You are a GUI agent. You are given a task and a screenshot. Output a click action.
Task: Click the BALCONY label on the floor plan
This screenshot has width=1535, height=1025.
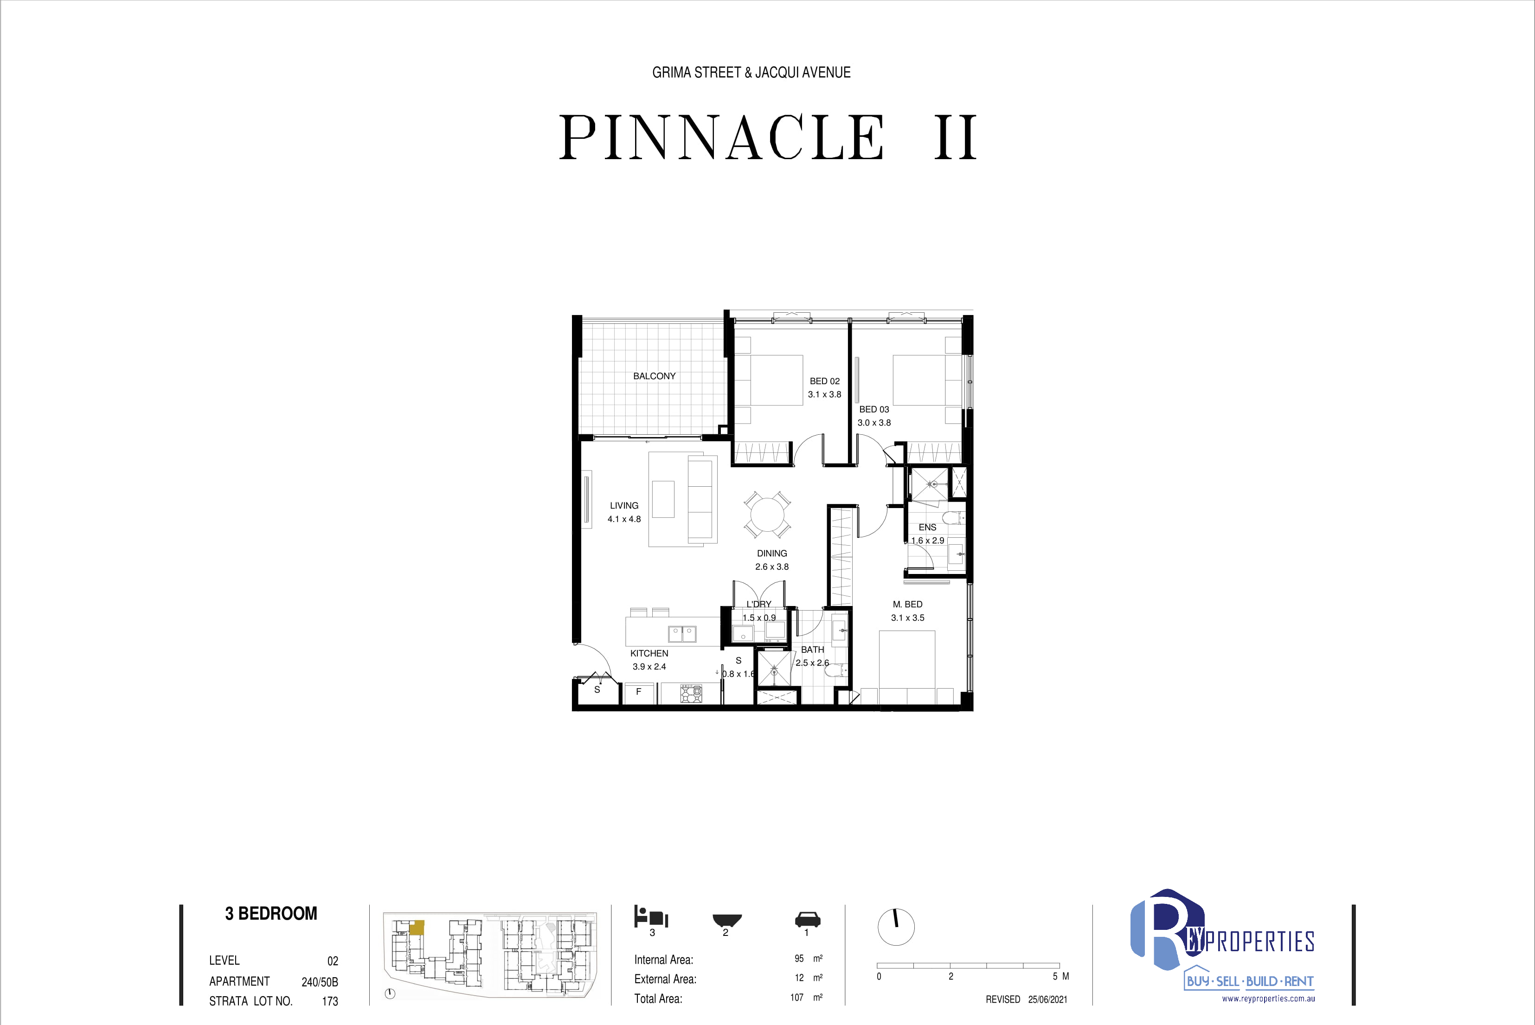pyautogui.click(x=654, y=376)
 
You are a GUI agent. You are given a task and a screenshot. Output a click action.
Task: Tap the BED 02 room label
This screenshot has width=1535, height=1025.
pyautogui.click(x=825, y=381)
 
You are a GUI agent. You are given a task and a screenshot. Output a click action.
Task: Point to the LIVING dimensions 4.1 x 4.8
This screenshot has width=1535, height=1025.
pyautogui.click(x=624, y=519)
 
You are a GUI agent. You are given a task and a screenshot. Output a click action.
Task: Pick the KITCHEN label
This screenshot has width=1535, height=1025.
pyautogui.click(x=649, y=653)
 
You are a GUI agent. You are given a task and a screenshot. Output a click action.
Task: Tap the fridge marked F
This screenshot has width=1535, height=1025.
pyautogui.click(x=638, y=692)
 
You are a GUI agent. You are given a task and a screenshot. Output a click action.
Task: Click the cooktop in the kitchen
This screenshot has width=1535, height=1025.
pyautogui.click(x=691, y=693)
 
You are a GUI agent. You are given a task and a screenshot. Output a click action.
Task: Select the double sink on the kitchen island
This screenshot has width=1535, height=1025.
pyautogui.click(x=682, y=633)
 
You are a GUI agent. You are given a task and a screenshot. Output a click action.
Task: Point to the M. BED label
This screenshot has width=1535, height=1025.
pyautogui.click(x=908, y=604)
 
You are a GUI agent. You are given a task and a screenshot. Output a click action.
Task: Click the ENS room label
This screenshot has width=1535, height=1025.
pyautogui.click(x=927, y=527)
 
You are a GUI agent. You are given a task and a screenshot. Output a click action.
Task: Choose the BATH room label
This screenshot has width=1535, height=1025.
pyautogui.click(x=812, y=650)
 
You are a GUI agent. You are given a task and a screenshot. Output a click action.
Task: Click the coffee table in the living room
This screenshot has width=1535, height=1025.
pyautogui.click(x=663, y=499)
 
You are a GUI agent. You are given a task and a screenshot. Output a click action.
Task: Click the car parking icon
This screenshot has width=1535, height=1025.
pyautogui.click(x=808, y=919)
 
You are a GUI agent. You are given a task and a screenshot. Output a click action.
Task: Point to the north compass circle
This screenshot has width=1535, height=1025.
pyautogui.click(x=896, y=926)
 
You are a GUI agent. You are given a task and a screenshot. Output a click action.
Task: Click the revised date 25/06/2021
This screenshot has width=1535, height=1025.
pyautogui.click(x=1047, y=999)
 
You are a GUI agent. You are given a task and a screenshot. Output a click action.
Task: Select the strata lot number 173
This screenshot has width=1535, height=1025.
pyautogui.click(x=330, y=1001)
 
